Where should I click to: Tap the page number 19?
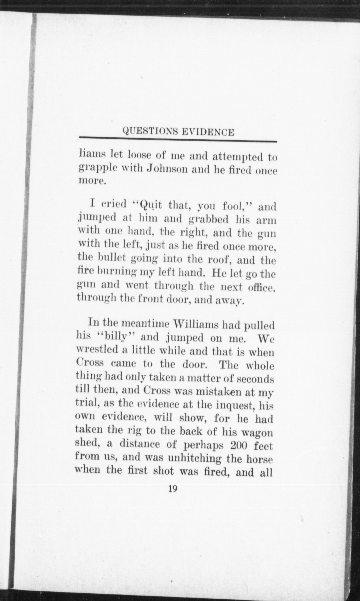[173, 488]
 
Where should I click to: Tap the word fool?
[234, 206]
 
